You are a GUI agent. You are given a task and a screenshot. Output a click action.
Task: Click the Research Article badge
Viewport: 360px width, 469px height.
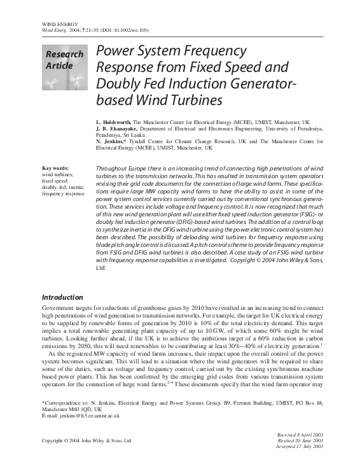64,67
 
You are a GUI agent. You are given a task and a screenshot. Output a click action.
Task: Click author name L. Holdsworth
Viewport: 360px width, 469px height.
114,121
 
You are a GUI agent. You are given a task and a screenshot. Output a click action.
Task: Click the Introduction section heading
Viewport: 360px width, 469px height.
62,297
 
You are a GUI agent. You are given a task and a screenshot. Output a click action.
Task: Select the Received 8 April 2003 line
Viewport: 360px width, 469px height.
300,433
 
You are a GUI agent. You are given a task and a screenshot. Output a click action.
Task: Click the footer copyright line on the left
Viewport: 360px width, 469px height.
87,440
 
